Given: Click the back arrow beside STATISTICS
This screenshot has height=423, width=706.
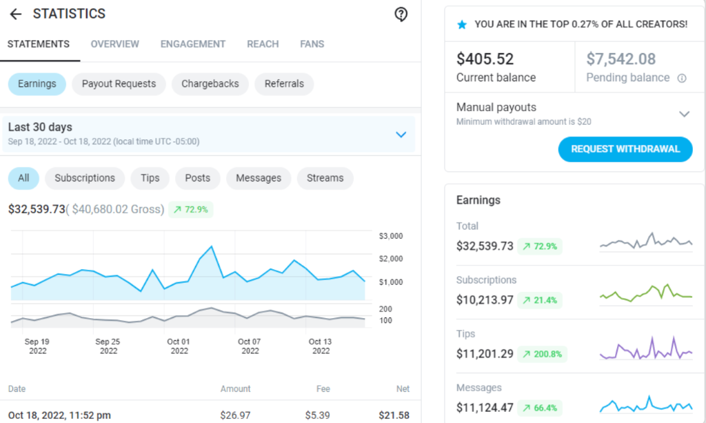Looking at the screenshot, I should pos(15,14).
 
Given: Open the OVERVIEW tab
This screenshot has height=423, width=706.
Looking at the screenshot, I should pos(115,44).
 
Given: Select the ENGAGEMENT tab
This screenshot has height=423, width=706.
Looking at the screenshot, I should pos(193,44).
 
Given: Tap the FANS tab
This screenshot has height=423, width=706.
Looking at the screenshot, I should pos(312,44).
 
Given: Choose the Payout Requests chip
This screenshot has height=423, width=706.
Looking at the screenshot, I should pos(119,84).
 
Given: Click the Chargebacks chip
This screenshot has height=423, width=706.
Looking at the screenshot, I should pos(210,84).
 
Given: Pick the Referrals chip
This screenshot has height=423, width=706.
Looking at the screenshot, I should pos(284,84).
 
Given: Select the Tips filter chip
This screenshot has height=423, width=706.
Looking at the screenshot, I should pos(150,178).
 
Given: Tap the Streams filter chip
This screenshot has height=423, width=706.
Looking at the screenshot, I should pos(325,178).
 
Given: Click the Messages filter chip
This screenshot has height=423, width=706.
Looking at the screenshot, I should pos(259,178).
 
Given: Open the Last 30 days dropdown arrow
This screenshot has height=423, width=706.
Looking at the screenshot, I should pos(401,135).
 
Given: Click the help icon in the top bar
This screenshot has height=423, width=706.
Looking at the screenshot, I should pos(401,14).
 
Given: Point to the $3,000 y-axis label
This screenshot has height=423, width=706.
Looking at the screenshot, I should pos(391,236).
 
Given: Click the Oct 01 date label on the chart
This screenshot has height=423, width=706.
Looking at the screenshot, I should pos(179,342).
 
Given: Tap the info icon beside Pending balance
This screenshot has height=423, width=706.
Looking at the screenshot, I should pos(682,78).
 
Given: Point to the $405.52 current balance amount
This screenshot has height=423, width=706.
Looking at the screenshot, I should pos(485,59).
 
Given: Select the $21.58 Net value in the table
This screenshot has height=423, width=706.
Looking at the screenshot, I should pos(394,415).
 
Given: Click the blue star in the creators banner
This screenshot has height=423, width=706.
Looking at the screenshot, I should pos(462,24).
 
